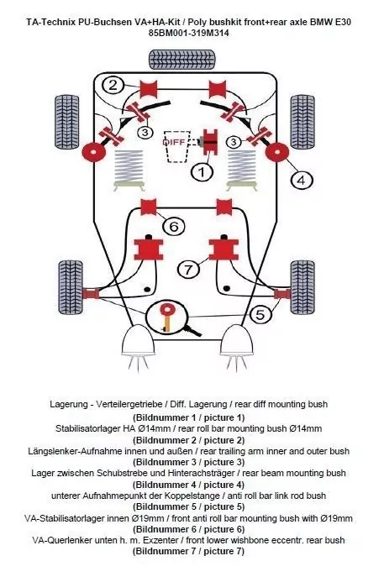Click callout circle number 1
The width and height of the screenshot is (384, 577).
click(202, 173)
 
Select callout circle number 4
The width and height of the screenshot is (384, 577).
click(300, 179)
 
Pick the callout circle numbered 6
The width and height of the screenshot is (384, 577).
click(172, 225)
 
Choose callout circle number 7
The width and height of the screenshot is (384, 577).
click(189, 270)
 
